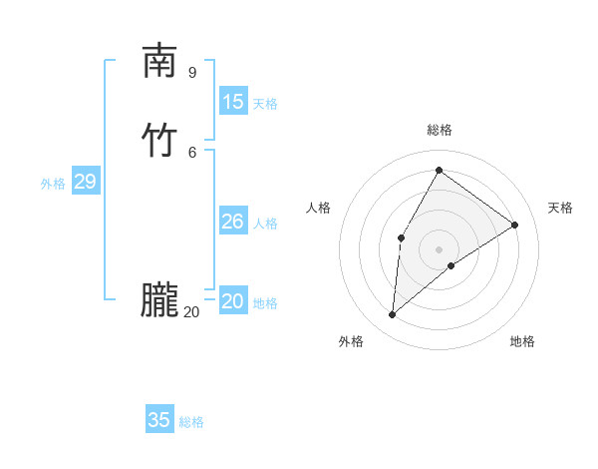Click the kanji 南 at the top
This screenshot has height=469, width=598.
pos(159,62)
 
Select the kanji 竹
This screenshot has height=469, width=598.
pos(159,141)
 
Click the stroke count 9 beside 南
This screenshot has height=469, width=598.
pos(191,72)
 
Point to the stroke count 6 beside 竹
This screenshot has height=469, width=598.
pos(191,152)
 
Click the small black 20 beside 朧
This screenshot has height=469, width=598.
pos(191,312)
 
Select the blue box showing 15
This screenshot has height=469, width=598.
pos(233,102)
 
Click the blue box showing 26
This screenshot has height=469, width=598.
pos(233,222)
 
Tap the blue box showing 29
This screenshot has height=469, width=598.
pos(85,182)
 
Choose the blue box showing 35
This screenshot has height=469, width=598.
pos(159,420)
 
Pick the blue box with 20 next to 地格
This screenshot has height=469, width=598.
pos(233,301)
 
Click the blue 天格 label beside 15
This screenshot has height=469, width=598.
pos(265,104)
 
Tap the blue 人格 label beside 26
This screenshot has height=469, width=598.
pos(265,224)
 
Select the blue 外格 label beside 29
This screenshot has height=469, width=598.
pos(53,184)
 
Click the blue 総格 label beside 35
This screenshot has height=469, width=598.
pos(191,422)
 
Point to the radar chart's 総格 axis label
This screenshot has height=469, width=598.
pos(440,130)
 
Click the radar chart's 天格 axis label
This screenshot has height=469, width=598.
pos(561,208)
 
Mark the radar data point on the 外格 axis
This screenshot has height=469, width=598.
pos(393,315)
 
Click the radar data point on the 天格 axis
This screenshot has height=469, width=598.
pos(515,225)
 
